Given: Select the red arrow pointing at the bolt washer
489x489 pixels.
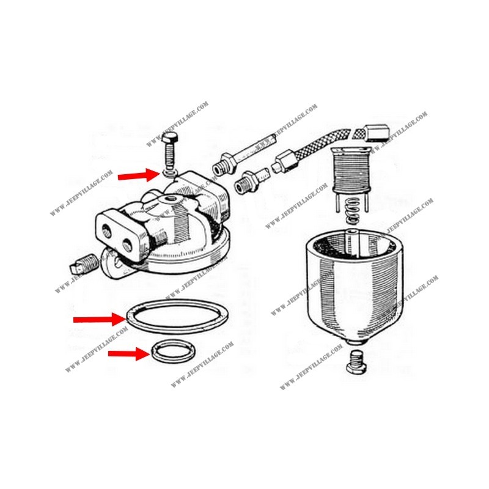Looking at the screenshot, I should tap(139, 176).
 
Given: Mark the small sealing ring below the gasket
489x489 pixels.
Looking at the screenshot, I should tap(174, 353).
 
